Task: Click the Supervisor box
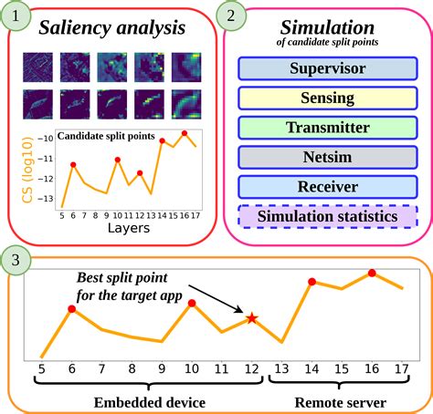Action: [326, 69]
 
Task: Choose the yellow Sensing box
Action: [326, 98]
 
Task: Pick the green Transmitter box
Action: [326, 129]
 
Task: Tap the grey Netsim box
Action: [326, 158]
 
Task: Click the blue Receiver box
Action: [326, 187]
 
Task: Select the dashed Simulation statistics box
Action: [326, 217]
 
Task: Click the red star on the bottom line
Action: [251, 317]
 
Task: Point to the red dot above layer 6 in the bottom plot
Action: [71, 310]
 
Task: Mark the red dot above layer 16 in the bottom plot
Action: [372, 273]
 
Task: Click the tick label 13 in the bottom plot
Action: [281, 368]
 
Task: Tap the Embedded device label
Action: [149, 401]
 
